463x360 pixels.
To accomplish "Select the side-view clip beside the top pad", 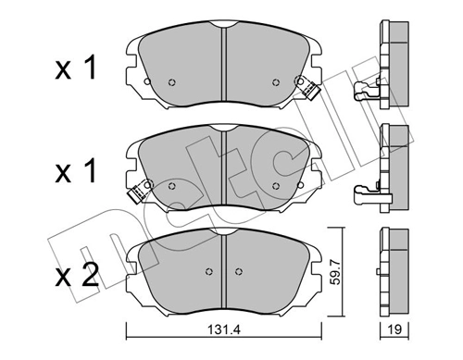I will (367, 91).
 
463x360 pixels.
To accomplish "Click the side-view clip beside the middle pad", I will (367, 194).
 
